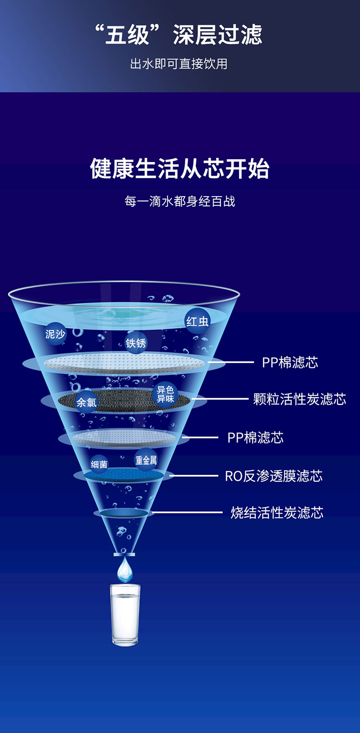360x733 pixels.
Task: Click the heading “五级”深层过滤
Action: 179,35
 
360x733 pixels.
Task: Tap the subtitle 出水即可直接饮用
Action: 179,64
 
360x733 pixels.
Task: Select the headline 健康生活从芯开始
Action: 180,169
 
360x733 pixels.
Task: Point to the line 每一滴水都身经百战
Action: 180,201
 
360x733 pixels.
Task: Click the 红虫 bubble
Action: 197,321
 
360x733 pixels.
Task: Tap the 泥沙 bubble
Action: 55,334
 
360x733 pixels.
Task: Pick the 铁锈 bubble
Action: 136,343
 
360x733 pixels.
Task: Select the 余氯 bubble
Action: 86,402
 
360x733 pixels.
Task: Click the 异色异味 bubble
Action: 165,394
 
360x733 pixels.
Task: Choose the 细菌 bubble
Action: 99,464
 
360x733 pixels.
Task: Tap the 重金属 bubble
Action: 146,460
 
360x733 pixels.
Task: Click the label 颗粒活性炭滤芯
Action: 300,399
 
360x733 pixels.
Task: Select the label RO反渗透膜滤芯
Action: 274,476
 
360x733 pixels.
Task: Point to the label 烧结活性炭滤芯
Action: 277,512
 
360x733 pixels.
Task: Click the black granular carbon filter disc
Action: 124,400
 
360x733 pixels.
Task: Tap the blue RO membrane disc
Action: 124,475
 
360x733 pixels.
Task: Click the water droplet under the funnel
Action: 125,569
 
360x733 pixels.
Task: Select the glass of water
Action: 125,615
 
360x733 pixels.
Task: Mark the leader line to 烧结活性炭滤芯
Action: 188,512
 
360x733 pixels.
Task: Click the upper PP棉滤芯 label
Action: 290,362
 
